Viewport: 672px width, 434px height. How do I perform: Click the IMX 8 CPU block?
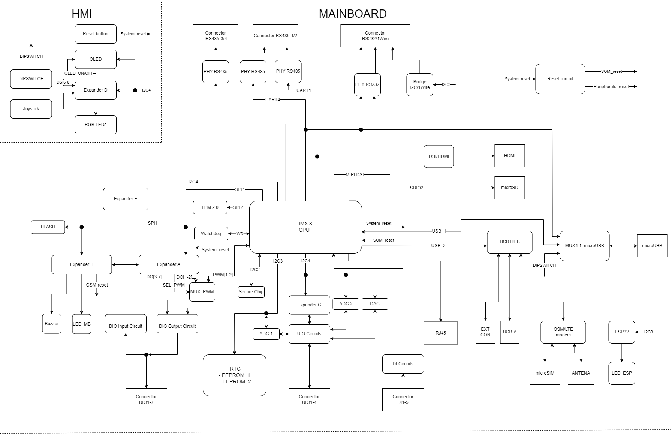305,227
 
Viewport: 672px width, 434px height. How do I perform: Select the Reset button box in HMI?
96,34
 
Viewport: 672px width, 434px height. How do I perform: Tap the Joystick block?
31,109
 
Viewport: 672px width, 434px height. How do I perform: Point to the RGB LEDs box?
96,125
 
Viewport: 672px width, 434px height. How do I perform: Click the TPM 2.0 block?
210,207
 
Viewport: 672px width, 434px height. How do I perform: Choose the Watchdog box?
211,234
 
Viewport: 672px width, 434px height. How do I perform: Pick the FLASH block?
48,227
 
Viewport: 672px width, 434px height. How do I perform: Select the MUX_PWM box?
202,292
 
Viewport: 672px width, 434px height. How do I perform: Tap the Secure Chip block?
251,292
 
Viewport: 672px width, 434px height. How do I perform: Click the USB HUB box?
509,242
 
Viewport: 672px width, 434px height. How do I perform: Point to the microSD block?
509,188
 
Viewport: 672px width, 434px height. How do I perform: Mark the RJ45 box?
440,333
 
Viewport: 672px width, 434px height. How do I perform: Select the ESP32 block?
621,332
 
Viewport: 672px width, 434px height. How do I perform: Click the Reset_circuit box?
560,79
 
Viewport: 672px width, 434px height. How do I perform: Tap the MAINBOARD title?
352,14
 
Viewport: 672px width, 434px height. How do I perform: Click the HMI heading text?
82,14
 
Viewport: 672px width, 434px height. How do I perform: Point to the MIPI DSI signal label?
355,175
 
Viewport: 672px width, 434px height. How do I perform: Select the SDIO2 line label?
416,188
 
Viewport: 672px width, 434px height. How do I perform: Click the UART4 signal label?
272,100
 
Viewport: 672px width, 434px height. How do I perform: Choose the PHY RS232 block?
367,84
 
